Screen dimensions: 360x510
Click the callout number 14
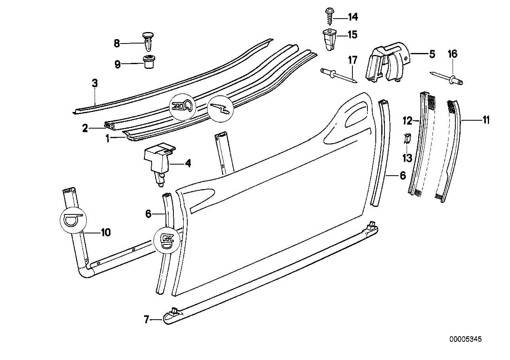352,17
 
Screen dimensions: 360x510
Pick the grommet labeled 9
148,62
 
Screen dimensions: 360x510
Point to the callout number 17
352,60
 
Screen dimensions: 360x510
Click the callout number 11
486,119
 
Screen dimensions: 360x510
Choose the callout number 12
407,119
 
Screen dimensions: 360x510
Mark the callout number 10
105,233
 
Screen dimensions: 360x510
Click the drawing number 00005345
465,339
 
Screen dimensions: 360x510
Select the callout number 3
95,83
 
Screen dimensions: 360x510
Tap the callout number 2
85,129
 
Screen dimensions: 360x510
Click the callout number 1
107,138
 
